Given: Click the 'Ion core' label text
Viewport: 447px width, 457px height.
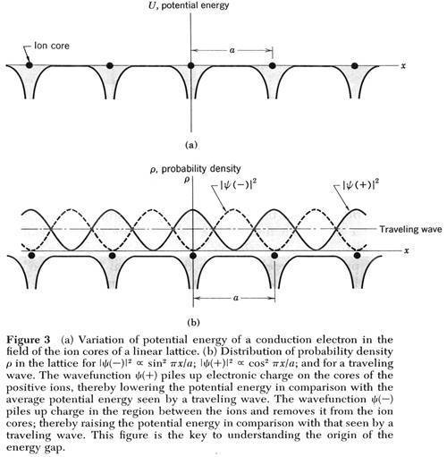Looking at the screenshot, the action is click(52, 46).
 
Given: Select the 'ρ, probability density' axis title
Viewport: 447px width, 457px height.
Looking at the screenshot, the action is click(196, 169).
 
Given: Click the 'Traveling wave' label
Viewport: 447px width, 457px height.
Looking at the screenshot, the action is click(410, 229).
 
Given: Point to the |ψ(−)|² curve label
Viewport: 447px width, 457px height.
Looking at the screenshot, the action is click(238, 186).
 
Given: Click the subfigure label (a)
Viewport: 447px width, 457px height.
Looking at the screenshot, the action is click(191, 145).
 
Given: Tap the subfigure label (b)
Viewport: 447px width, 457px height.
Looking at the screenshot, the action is click(193, 323).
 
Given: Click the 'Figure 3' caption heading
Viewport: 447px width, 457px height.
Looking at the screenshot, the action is click(29, 340).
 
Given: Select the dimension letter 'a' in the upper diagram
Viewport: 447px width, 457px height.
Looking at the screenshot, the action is click(232, 50).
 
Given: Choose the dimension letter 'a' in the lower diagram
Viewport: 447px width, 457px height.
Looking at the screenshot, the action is click(236, 298).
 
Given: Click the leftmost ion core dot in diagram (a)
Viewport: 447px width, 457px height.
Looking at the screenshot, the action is click(29, 64).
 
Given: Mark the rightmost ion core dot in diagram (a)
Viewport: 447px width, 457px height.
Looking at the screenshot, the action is click(354, 65).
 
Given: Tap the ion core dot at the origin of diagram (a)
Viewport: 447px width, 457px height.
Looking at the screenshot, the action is click(191, 65).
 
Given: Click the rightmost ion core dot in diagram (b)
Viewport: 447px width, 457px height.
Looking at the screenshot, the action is click(357, 256).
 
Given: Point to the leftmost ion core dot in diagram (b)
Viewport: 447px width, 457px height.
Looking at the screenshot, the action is click(31, 255).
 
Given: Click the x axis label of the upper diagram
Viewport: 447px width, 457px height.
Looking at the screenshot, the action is click(403, 66).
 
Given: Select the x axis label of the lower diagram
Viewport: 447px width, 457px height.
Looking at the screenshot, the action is click(406, 250).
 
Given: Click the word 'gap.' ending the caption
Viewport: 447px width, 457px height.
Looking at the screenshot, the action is click(52, 448).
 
